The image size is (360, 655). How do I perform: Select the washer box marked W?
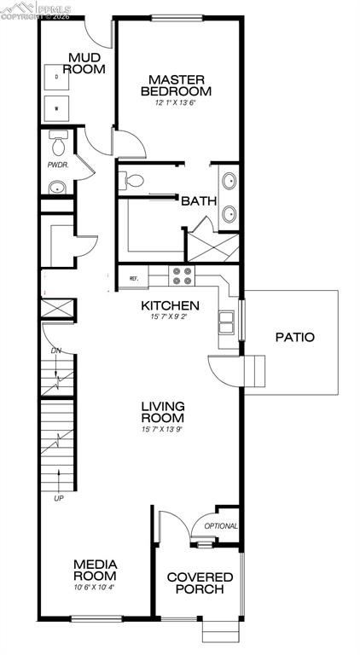57,108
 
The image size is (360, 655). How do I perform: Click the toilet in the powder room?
57,139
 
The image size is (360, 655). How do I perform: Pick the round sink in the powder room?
57,188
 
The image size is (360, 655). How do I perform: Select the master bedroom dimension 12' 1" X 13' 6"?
176,102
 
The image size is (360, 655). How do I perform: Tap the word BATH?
197,201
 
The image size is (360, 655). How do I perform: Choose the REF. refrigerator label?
134,278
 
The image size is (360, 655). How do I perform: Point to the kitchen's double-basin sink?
226,322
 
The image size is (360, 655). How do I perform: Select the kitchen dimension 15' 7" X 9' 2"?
170,318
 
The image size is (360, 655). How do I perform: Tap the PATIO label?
294,337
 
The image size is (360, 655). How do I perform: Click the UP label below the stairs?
58,498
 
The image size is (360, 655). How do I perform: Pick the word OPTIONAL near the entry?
221,526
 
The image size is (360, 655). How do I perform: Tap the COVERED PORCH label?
200,583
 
